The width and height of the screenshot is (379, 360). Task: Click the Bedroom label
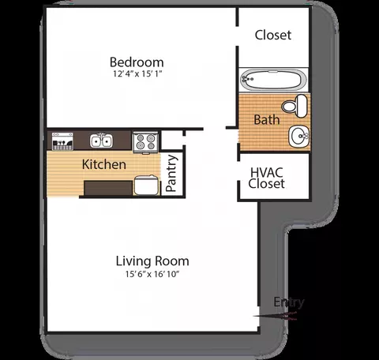point(137,62)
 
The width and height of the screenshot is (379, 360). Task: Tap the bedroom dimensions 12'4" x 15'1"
point(137,73)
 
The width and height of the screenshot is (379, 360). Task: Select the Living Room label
point(152,261)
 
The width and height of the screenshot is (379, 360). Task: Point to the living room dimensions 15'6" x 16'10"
point(152,274)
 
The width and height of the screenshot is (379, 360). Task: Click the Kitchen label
point(104,164)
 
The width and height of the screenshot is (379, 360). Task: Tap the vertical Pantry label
point(171,173)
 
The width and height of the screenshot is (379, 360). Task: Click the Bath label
point(267,120)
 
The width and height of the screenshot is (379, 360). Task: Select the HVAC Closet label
point(266,178)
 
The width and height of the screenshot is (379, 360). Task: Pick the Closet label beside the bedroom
point(273,35)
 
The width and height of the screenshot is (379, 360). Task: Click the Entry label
point(289,302)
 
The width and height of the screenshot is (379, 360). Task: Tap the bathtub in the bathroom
point(273,79)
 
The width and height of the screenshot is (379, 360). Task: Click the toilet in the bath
point(295,106)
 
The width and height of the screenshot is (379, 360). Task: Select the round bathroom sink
point(299,136)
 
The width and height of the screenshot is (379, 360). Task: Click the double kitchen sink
point(101,141)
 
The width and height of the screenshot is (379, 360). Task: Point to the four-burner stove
point(145,142)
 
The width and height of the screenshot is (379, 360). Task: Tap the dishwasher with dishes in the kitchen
point(62,141)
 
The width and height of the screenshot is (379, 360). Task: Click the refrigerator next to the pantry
point(146,186)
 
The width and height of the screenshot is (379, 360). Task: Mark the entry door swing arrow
point(275,315)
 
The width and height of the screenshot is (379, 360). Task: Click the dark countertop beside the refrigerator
point(108,188)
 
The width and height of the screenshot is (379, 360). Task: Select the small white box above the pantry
point(171,140)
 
